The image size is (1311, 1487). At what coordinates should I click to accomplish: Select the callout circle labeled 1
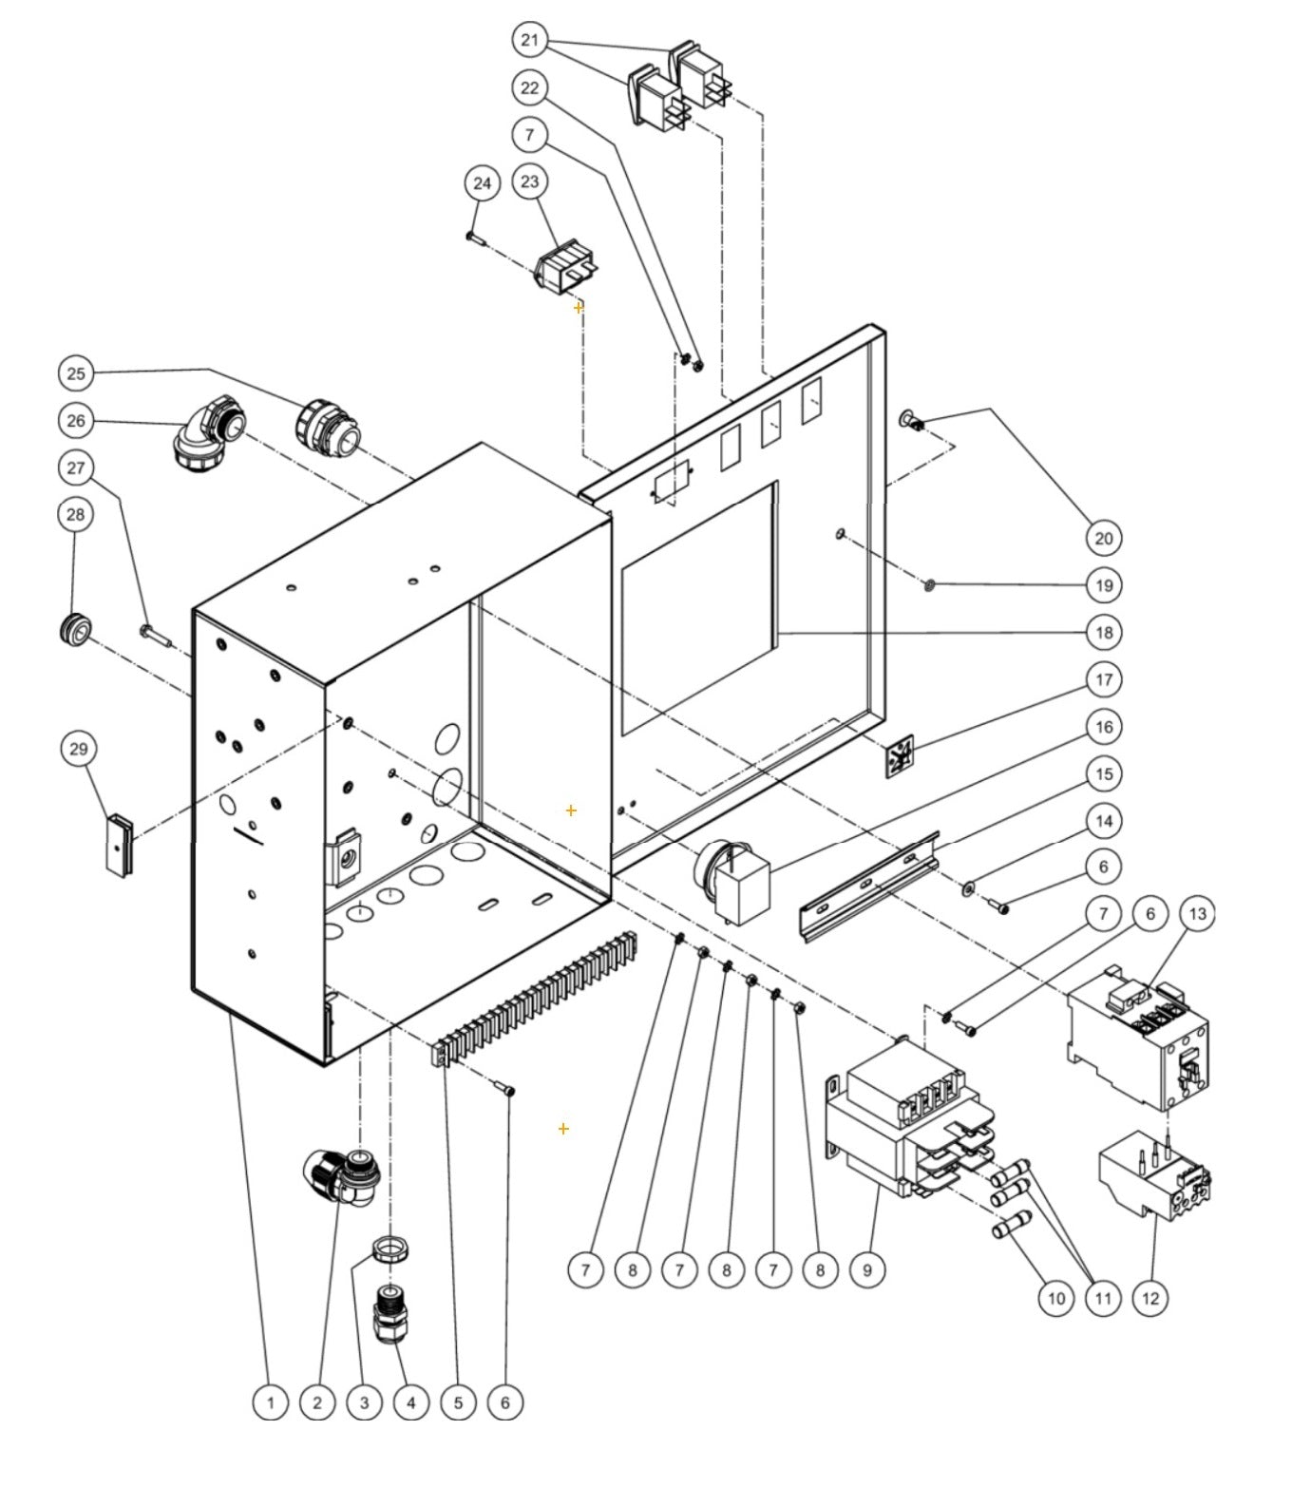270,1401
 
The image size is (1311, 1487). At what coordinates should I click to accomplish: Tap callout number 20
1103,538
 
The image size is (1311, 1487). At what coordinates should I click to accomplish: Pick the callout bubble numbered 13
1197,914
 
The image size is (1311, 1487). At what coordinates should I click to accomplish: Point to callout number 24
483,182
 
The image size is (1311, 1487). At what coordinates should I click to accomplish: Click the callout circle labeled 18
1103,632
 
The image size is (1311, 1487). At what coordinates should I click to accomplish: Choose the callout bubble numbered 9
866,1269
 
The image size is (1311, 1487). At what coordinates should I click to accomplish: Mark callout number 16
1103,727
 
